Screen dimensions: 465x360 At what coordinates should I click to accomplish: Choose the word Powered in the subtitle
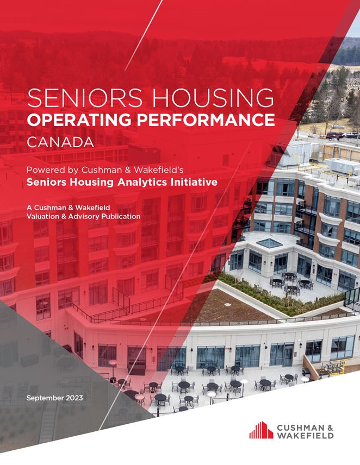point(46,169)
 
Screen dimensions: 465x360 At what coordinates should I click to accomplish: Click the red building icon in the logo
point(261,430)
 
